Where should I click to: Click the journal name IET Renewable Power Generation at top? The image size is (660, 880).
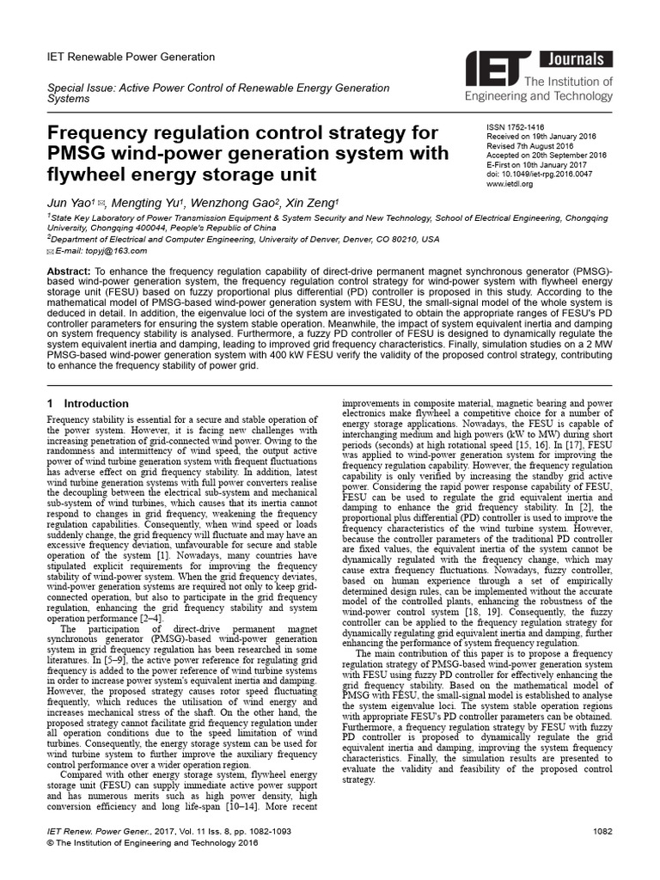130,57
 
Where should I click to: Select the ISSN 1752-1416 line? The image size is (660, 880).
516,124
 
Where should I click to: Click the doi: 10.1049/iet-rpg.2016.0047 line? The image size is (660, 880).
540,174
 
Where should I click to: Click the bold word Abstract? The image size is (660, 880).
72,271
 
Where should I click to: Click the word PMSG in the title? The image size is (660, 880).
76,154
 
